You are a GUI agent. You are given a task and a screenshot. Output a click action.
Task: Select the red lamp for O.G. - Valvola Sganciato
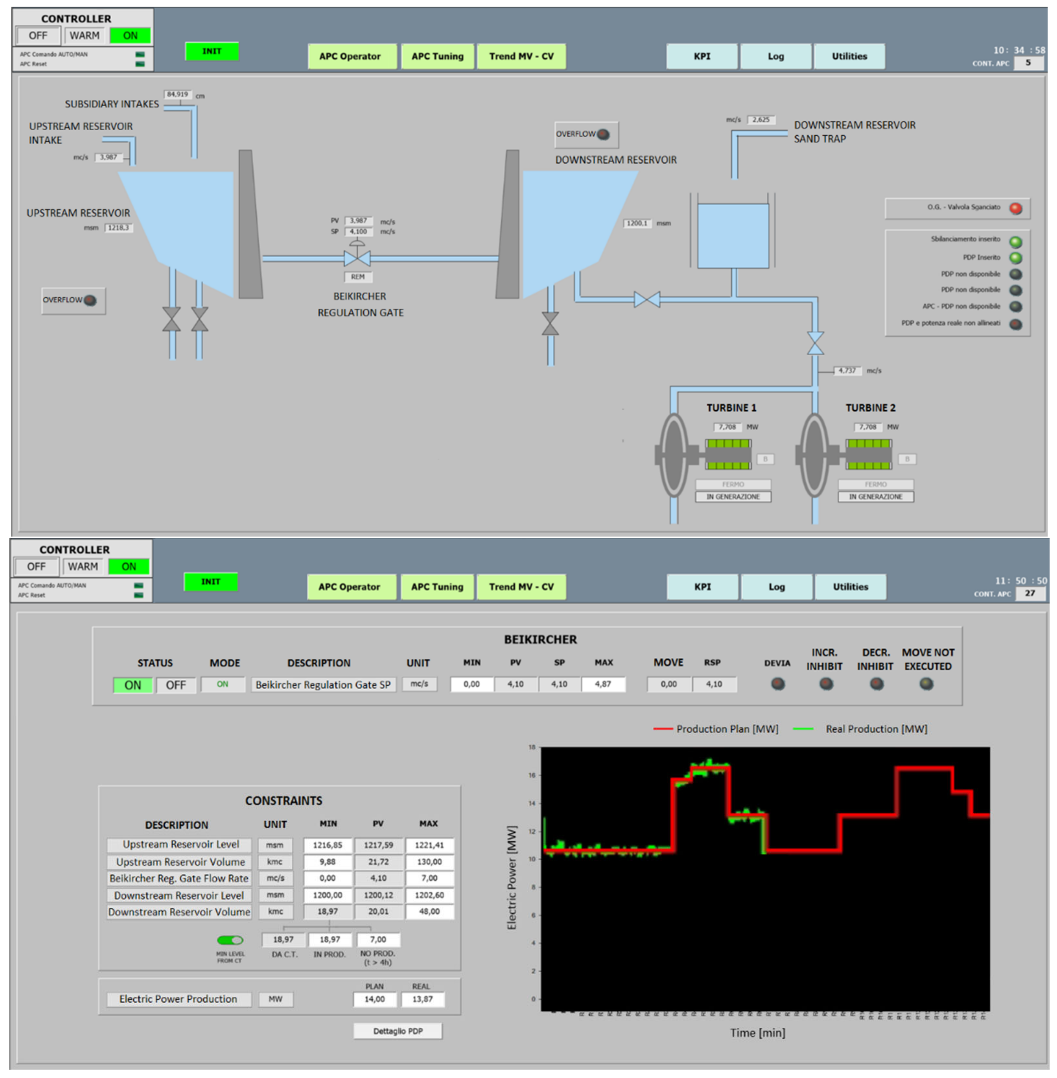(x=1015, y=209)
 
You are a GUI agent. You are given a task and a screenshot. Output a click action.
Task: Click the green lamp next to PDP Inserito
(x=1015, y=258)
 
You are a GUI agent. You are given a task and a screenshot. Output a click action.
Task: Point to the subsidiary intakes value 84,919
(x=178, y=94)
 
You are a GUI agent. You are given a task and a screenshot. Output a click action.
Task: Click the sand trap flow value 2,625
(x=761, y=120)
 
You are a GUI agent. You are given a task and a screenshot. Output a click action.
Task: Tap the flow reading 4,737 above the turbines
(x=847, y=370)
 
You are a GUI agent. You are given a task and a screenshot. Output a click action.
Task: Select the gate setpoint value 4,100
(x=358, y=232)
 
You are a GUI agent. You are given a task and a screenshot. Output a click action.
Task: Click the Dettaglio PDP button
(x=398, y=1031)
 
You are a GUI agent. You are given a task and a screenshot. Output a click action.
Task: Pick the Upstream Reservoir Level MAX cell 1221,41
(x=429, y=845)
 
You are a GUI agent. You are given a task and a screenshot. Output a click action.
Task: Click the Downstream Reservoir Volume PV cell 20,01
(x=378, y=912)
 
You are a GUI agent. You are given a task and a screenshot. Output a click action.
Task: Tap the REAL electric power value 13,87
(x=422, y=999)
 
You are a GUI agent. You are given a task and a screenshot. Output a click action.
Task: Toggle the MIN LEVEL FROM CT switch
(x=230, y=940)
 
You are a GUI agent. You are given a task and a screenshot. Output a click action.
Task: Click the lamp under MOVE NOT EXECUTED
(x=926, y=684)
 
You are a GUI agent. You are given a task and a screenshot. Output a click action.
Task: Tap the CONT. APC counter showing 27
(x=1030, y=593)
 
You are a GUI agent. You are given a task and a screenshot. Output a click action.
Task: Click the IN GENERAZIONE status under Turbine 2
(x=875, y=497)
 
